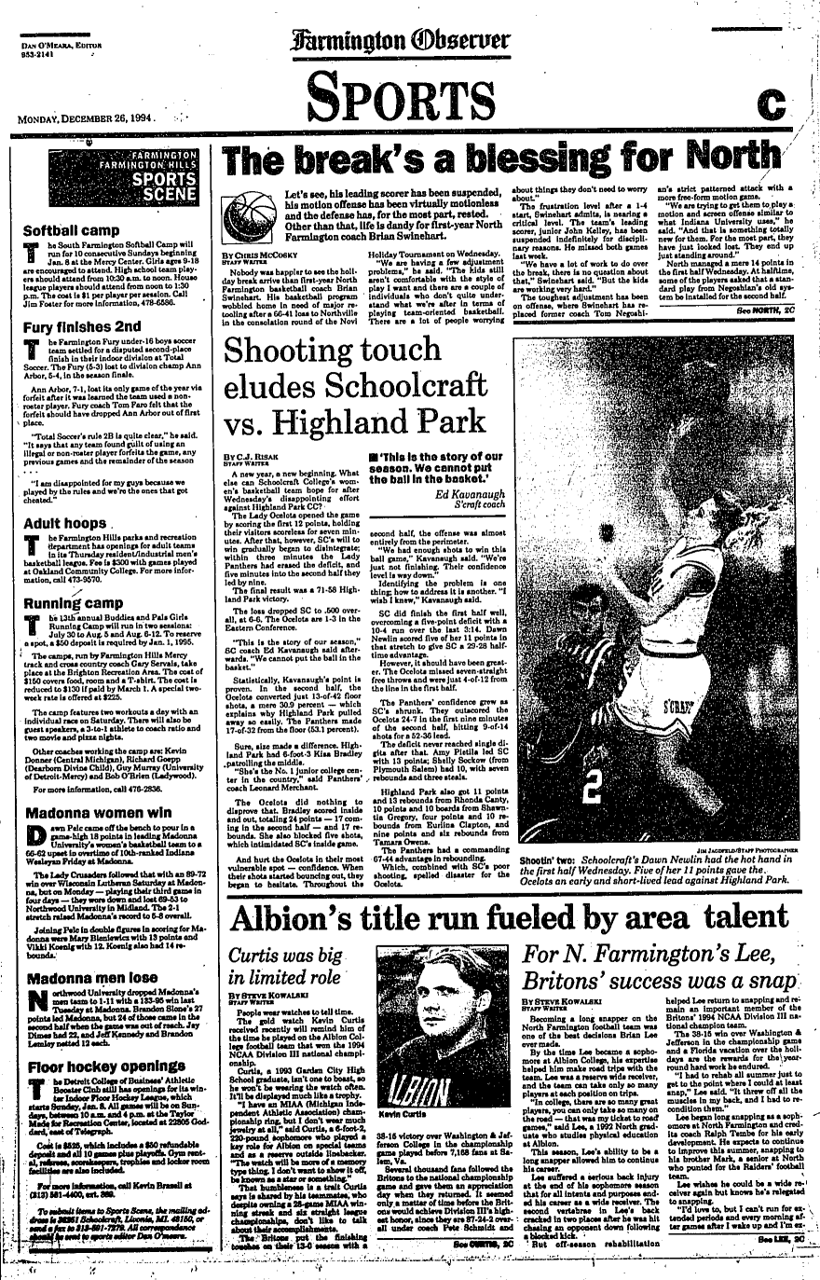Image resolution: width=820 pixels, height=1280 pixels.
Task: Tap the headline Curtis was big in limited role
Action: [x=280, y=963]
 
